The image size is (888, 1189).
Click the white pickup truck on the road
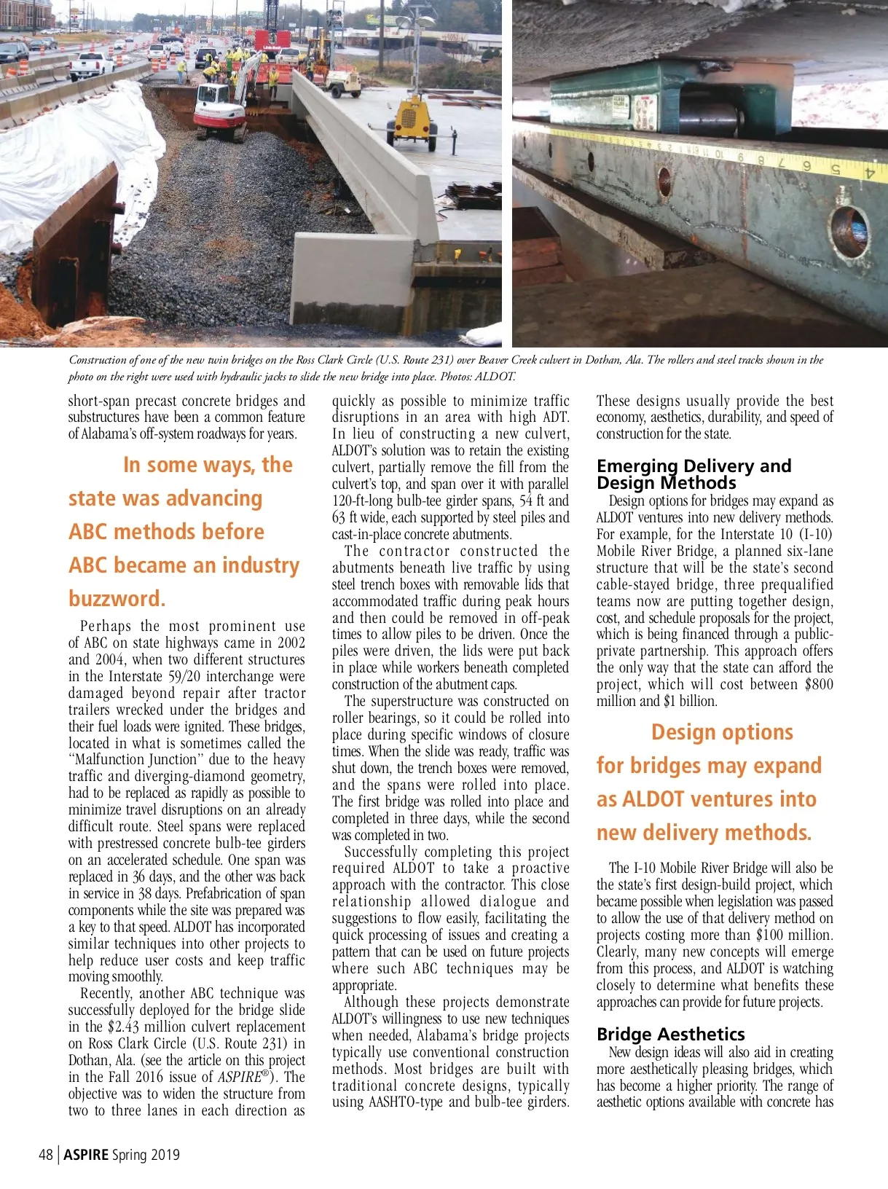(x=91, y=65)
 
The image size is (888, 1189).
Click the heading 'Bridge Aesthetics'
(x=670, y=1034)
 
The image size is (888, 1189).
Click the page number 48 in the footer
(x=45, y=1154)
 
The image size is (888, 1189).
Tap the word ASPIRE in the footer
(x=86, y=1154)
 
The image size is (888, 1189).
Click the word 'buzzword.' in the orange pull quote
(x=117, y=599)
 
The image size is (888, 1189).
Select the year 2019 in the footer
(x=165, y=1154)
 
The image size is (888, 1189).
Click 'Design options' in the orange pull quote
(x=722, y=732)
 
